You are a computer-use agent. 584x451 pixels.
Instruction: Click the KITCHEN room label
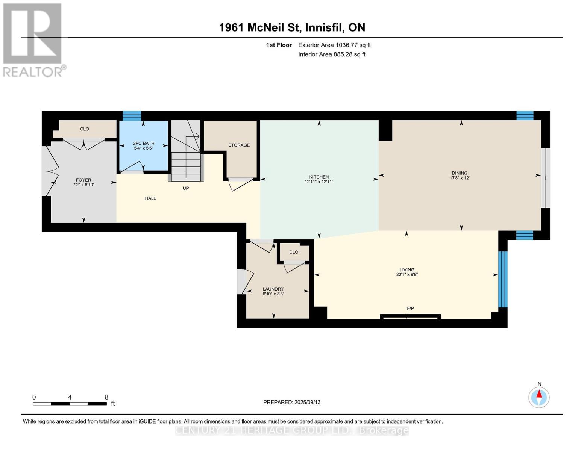click(319, 177)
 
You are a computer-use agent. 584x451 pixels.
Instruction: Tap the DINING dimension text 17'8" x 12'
click(460, 178)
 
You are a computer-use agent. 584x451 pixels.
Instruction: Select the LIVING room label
click(407, 270)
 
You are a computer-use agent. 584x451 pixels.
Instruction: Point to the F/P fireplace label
click(410, 308)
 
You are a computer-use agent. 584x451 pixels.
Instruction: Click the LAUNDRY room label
click(273, 289)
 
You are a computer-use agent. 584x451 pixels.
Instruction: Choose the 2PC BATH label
click(144, 144)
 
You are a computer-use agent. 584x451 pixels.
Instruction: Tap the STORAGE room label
click(239, 145)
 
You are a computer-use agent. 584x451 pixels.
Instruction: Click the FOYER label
click(83, 180)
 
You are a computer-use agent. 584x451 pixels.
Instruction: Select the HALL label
click(150, 198)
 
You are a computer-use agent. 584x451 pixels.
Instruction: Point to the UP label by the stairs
click(186, 188)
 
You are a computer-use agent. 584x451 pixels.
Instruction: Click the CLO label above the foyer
click(85, 129)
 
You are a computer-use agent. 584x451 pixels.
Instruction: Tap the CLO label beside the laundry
click(294, 252)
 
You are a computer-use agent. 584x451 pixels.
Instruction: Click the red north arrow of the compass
click(539, 394)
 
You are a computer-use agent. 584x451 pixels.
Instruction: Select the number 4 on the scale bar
click(70, 397)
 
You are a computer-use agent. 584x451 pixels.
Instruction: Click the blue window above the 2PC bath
click(132, 116)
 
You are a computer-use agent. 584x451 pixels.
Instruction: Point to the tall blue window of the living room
click(503, 279)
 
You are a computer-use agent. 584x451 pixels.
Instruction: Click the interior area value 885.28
click(343, 54)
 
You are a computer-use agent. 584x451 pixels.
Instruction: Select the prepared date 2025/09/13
click(308, 402)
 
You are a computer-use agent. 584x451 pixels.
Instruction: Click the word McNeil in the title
click(265, 27)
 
